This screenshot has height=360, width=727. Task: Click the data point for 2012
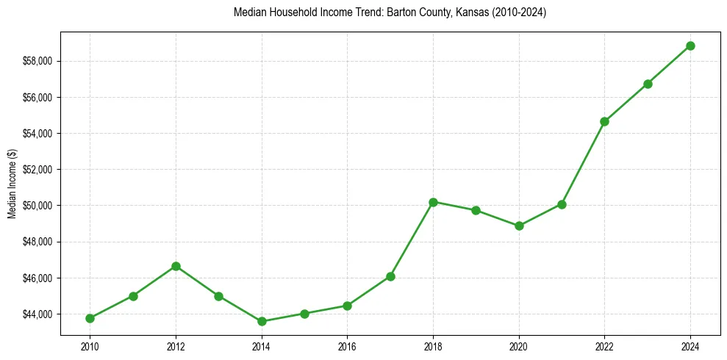176,266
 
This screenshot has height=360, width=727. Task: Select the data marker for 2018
433,202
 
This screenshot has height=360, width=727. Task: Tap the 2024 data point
691,46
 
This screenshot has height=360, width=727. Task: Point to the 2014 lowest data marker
262,321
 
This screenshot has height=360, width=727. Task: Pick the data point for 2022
605,121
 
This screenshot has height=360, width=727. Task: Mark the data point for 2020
519,226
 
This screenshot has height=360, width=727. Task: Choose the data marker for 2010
90,318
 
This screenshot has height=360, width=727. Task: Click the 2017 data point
390,276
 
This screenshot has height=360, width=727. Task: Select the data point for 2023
648,84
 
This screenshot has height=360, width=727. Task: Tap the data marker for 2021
562,204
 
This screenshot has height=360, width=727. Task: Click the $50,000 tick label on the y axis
39,206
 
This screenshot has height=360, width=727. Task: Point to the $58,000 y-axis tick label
39,61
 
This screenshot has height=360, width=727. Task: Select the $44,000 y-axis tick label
39,314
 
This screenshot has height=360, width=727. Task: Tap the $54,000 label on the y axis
39,133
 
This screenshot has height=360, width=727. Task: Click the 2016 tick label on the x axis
347,346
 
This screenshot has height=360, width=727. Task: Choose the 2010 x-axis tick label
90,346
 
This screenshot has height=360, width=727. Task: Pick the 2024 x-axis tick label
691,346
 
